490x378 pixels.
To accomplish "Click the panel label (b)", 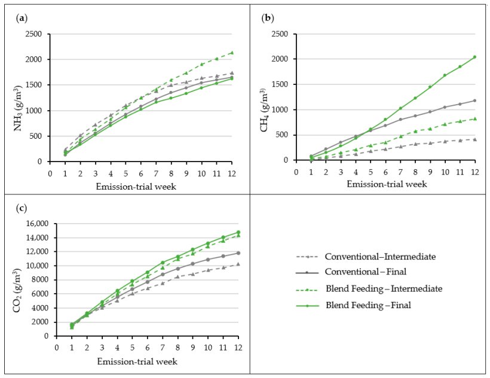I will pos(268,18).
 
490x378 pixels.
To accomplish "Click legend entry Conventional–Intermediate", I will pos(380,257).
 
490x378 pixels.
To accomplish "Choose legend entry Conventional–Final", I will pos(366,272).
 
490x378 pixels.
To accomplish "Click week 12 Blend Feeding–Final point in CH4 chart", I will pos(474,57).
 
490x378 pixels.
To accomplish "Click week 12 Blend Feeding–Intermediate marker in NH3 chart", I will pos(232,53).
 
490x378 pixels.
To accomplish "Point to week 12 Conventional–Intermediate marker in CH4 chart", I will pos(474,139).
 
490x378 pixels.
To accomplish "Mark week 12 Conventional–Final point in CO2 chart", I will pos(238,253).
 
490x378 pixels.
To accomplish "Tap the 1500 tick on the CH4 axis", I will pos(281,84).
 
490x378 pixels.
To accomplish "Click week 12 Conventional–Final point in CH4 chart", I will pos(474,100).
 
